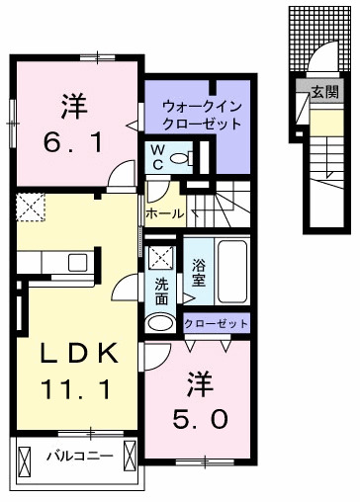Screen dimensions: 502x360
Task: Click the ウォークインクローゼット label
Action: coord(203,116)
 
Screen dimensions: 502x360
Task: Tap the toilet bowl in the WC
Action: coord(178,157)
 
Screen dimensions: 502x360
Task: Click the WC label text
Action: coord(157,156)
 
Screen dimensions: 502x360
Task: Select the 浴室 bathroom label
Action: coord(198,273)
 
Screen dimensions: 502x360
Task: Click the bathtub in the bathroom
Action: coord(233,274)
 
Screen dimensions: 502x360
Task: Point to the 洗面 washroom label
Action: coord(161,292)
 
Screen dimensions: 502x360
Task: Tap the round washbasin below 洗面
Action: coord(160,321)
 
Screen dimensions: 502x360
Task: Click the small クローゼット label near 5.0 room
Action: coord(217,323)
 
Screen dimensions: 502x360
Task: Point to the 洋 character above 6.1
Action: coord(71,102)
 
